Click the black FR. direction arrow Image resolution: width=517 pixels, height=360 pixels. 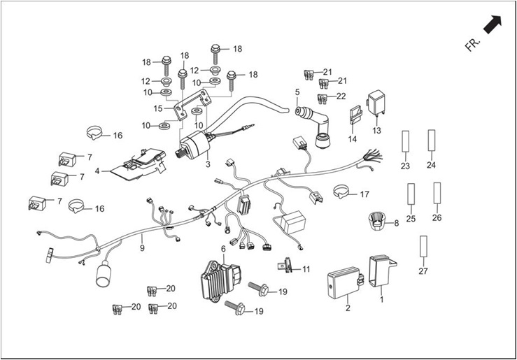pos(493,24)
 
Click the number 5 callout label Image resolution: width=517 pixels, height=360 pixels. pos(297,92)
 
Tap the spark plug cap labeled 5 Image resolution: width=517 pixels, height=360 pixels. pos(313,126)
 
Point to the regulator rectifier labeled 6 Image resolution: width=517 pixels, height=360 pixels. pos(220,281)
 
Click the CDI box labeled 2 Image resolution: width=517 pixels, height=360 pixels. pos(345,282)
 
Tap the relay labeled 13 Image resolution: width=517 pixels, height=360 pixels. pos(376,103)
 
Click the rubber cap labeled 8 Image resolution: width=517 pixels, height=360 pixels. pos(376,221)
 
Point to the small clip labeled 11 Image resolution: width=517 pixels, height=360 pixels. pos(285,265)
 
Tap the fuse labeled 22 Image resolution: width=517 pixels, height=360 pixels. pos(322,99)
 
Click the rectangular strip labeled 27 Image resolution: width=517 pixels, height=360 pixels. pos(423,246)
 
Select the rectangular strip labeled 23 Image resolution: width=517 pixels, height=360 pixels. pos(405,141)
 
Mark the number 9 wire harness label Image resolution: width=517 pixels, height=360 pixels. pos(142,247)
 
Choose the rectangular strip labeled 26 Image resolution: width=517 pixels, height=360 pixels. pos(437,193)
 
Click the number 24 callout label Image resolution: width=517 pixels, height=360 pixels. pos(431,165)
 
